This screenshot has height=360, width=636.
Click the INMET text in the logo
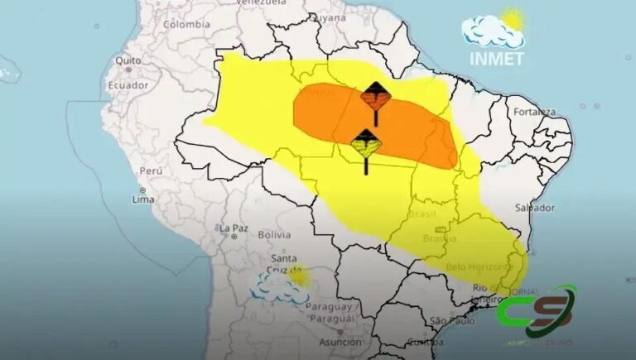pos(497,58)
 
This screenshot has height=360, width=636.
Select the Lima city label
pos(143,199)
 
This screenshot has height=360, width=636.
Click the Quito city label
pos(128,60)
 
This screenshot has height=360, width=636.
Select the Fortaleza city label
pos(532,111)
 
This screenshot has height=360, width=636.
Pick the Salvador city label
pos(534,207)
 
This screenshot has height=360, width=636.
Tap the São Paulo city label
pos(451,321)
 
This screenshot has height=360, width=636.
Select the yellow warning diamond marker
pos(366,144)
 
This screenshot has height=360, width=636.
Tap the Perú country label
pos(150,170)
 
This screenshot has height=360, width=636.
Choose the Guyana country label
pos(330,17)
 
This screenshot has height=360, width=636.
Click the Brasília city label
pos(439,239)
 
